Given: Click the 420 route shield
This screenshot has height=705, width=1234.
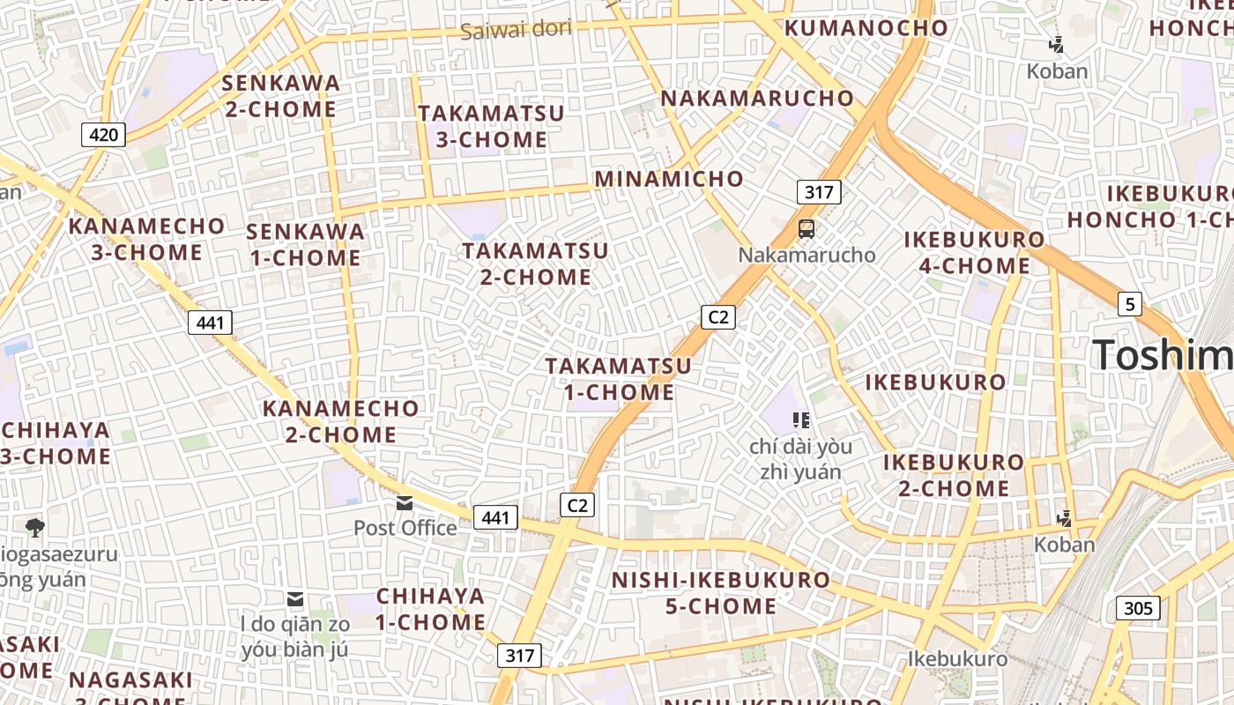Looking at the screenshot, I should click(x=104, y=135).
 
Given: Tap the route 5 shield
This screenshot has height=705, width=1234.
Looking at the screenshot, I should click(x=1130, y=305).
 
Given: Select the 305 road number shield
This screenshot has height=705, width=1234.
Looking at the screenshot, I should click(x=1138, y=608).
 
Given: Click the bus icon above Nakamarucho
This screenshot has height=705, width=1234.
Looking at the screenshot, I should click(x=807, y=229).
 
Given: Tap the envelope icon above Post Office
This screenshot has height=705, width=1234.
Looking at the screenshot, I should click(x=405, y=503).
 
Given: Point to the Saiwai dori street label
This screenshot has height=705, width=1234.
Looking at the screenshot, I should click(x=516, y=29).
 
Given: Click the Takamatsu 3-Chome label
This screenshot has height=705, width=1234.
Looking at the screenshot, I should click(x=491, y=127).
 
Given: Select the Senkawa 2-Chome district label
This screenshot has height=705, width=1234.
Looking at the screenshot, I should click(x=280, y=96).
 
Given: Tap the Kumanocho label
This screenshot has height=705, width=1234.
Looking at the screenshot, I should click(x=866, y=27).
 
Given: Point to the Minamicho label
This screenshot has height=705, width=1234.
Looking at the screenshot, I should click(x=669, y=179).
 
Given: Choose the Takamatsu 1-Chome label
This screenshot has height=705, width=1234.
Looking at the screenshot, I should click(x=618, y=379).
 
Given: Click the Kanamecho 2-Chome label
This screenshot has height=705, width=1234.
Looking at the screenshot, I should click(x=341, y=421).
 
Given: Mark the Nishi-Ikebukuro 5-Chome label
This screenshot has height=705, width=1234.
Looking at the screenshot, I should click(x=721, y=593).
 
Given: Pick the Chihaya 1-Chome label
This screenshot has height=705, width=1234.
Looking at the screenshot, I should click(x=431, y=609).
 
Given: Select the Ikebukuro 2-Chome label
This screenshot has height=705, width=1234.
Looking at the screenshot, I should click(x=954, y=475).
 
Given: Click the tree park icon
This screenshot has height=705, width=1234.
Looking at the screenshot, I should click(x=35, y=528).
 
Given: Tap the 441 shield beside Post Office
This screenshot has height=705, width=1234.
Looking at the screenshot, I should click(x=495, y=517).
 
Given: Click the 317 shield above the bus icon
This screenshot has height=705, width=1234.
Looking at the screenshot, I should click(x=819, y=192).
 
